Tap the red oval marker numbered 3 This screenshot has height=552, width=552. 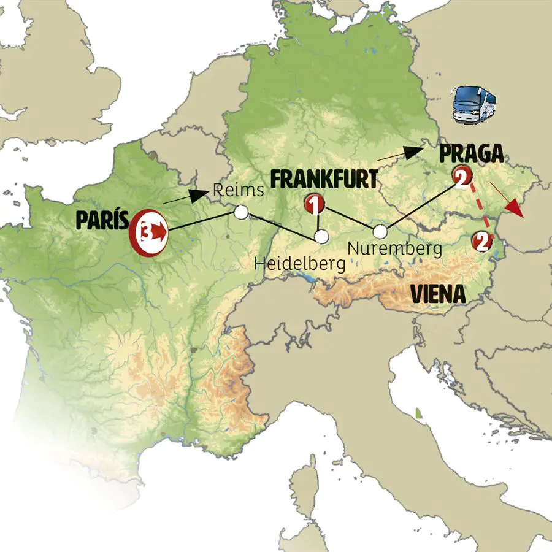point(148,232)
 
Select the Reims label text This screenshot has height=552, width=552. point(239,191)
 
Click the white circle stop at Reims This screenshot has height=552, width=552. point(241,212)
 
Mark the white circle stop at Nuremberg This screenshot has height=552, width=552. point(380,231)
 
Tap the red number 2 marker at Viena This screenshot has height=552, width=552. point(481,242)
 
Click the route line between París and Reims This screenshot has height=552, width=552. point(202,221)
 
